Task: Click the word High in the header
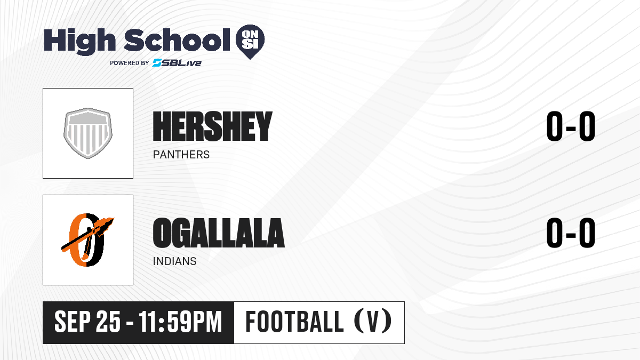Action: click(x=80, y=42)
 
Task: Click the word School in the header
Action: click(x=177, y=40)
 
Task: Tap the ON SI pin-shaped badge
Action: click(x=250, y=42)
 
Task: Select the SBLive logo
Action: click(x=177, y=63)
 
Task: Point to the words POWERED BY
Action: click(x=130, y=63)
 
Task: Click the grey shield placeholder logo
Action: click(x=88, y=133)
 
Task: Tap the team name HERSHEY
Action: click(x=213, y=126)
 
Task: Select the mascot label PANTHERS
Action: click(x=181, y=155)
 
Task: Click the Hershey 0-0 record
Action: click(x=571, y=126)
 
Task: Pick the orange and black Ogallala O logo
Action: click(x=87, y=239)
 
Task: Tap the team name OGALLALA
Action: click(x=219, y=233)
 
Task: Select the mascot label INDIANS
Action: click(x=174, y=261)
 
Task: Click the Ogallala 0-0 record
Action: click(x=571, y=233)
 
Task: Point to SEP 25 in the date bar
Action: click(x=87, y=322)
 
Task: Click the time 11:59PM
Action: click(x=180, y=322)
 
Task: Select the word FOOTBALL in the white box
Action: click(x=294, y=322)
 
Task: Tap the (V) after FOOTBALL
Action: click(x=373, y=321)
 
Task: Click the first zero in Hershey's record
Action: click(x=554, y=126)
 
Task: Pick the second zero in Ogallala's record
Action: click(x=587, y=233)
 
